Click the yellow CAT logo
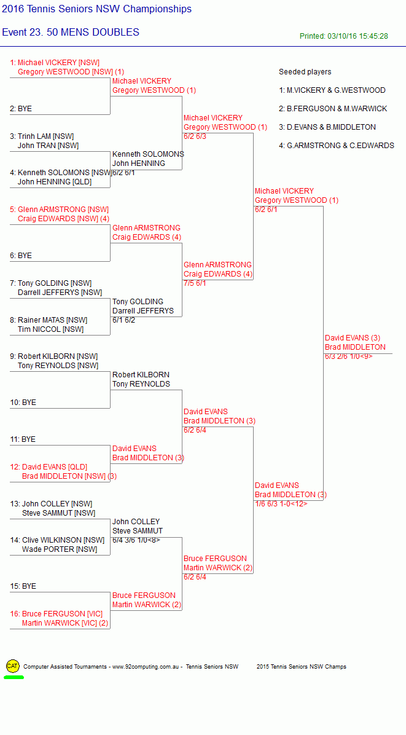[x=13, y=666]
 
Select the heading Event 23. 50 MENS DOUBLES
[x=71, y=33]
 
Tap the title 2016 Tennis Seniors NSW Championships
[x=97, y=9]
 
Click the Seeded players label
[x=305, y=72]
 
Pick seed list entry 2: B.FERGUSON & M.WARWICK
[x=333, y=109]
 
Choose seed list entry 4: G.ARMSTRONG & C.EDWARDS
[x=336, y=146]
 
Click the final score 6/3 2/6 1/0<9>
[x=349, y=356]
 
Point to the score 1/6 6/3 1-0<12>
[x=281, y=504]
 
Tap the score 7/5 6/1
[x=195, y=283]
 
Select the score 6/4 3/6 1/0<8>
[x=136, y=540]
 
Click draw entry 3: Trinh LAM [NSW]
[x=42, y=136]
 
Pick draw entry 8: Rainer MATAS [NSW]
[x=49, y=320]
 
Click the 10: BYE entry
[x=23, y=403]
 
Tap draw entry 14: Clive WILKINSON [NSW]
[x=57, y=540]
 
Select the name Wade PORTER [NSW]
[x=60, y=549]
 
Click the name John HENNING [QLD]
[x=55, y=182]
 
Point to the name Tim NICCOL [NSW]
[x=50, y=329]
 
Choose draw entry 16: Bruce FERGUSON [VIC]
[x=56, y=613]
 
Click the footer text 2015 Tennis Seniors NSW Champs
[x=302, y=667]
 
